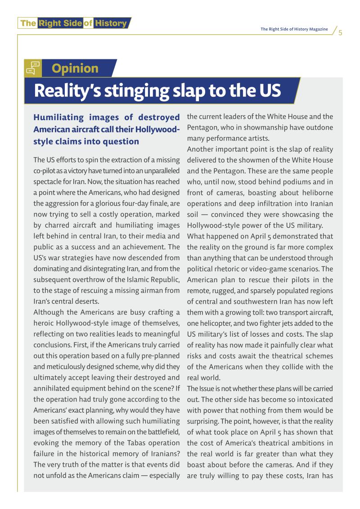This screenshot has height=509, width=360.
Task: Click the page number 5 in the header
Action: pos(340,32)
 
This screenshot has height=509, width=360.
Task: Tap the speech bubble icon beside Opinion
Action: pos(32,68)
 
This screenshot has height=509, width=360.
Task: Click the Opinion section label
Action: pos(75,68)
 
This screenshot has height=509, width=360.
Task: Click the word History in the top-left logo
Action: pos(111,23)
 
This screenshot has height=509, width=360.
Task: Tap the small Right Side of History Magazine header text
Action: pos(294,29)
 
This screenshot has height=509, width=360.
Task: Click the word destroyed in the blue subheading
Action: pos(156,118)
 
